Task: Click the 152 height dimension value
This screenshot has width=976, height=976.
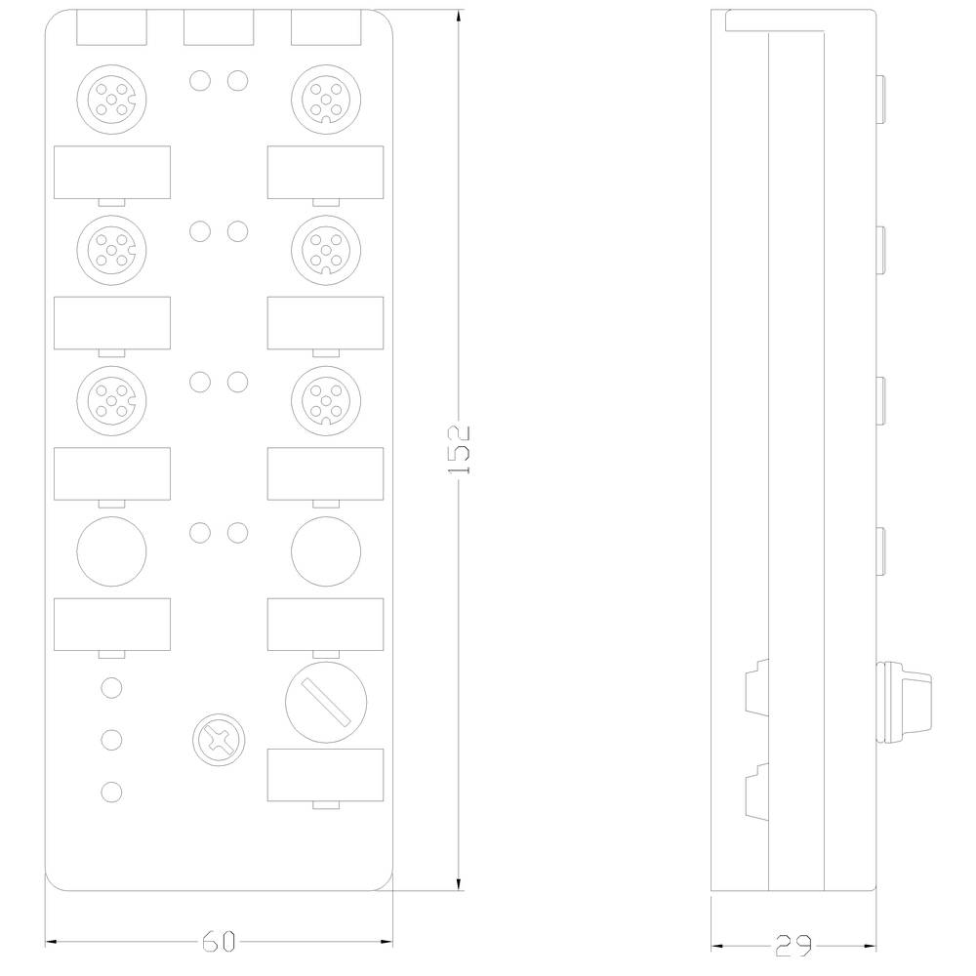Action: (x=459, y=449)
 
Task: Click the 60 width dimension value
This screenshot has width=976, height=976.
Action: (x=220, y=942)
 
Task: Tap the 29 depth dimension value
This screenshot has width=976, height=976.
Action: (x=793, y=944)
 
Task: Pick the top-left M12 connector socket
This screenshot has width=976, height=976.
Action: (x=112, y=97)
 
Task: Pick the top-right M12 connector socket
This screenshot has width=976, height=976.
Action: (x=326, y=97)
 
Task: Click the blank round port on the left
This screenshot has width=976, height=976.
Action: (x=112, y=549)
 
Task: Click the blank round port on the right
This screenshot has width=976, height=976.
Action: (x=326, y=549)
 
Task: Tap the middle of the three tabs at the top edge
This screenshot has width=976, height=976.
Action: (x=218, y=29)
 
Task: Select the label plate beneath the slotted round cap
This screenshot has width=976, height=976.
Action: (x=326, y=775)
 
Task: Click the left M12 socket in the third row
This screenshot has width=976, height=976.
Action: (x=112, y=397)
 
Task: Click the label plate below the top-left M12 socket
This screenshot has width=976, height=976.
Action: (x=112, y=171)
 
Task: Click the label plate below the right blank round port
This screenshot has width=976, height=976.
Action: (x=326, y=624)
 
